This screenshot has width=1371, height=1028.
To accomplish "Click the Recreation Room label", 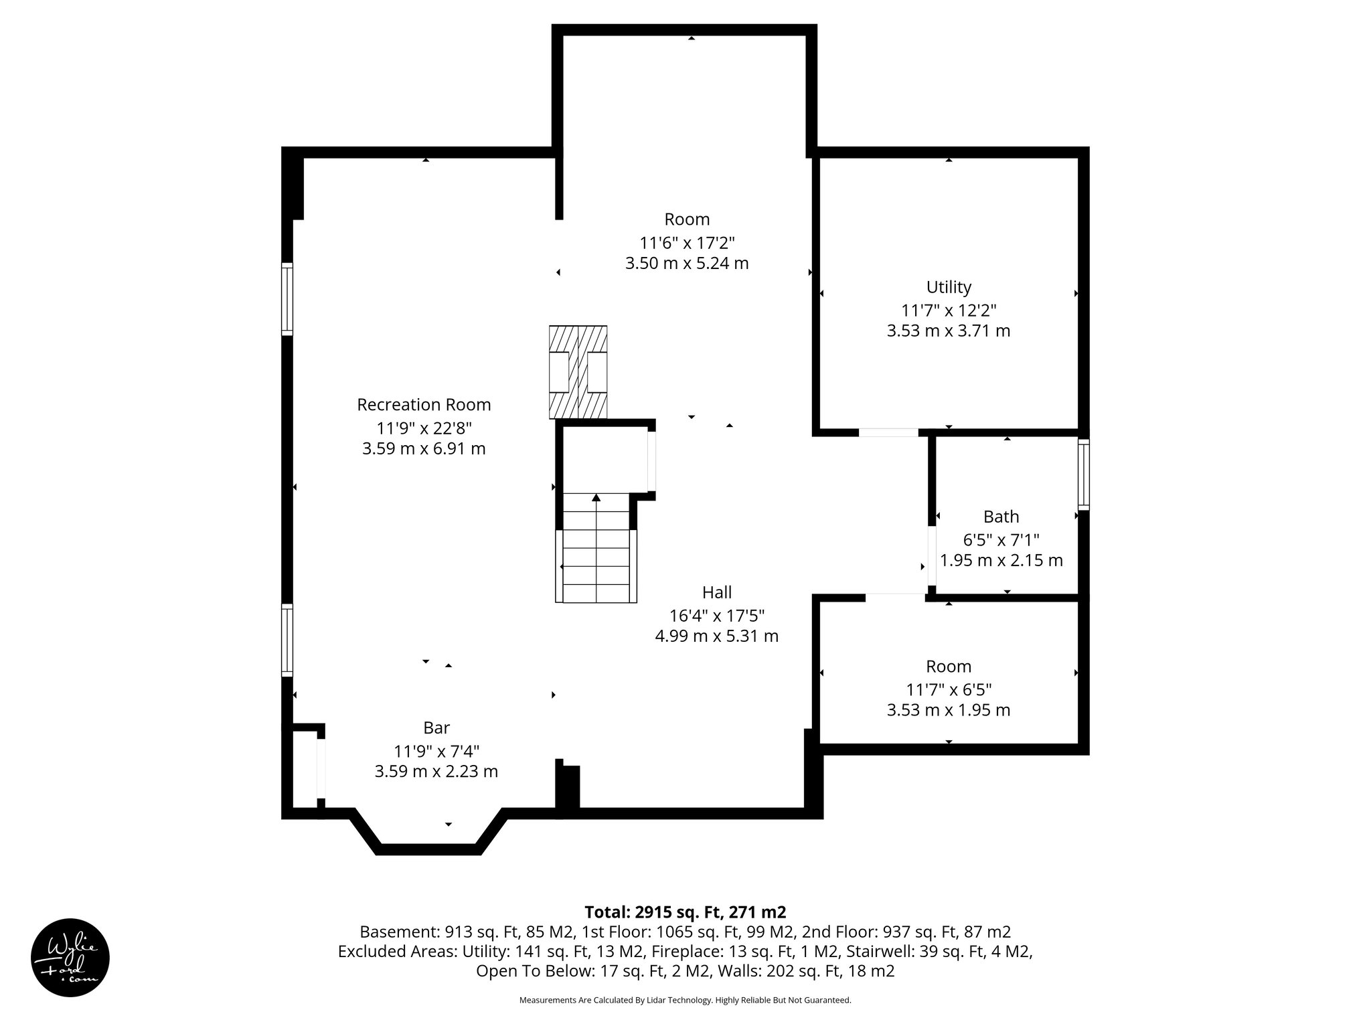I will click(424, 405).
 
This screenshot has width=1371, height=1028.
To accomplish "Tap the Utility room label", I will click(949, 287).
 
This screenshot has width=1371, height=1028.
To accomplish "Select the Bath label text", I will click(1001, 517).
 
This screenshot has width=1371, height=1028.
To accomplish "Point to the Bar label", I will click(436, 727).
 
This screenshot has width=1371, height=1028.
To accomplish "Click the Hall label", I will click(716, 592).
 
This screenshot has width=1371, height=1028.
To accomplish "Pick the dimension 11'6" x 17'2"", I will click(687, 242).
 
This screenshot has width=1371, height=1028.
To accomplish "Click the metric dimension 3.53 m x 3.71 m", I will click(949, 331).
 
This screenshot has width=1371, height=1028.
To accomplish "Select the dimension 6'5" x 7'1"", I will click(1001, 539).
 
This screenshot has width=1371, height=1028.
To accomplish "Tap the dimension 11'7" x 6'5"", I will click(949, 689).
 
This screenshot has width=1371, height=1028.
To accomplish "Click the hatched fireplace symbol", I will click(578, 372).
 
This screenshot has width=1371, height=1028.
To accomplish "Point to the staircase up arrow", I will click(596, 498).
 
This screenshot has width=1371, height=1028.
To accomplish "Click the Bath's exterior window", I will click(1083, 475).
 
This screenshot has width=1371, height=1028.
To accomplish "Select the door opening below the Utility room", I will click(888, 432).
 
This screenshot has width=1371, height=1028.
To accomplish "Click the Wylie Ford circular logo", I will click(70, 958).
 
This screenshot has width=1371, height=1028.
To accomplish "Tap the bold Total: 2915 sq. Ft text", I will click(685, 912).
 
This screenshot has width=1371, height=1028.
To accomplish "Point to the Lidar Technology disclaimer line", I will click(685, 1000).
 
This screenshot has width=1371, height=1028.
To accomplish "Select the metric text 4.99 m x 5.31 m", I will click(716, 636).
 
